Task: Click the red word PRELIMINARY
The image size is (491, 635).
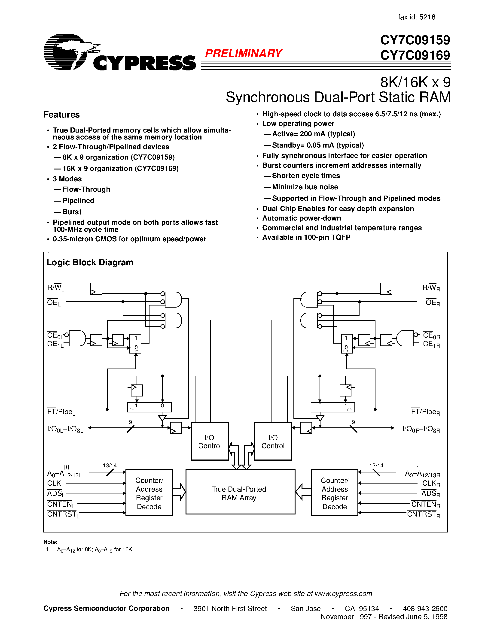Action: pos(244,54)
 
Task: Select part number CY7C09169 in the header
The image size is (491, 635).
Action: pos(415,55)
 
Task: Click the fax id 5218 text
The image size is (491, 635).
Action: pos(417,17)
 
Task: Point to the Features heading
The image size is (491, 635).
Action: pos(61,115)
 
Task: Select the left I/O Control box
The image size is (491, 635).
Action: pos(210,441)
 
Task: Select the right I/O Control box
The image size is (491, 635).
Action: pos(273,441)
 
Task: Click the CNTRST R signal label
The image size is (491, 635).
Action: pos(423,515)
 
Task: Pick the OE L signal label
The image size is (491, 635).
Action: pos(54,303)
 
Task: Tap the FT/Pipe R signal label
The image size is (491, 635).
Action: pos(425,412)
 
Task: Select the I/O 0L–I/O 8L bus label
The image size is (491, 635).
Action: pos(65,429)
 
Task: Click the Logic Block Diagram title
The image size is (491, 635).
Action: pos(90,263)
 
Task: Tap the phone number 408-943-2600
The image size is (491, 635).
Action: pos(425,608)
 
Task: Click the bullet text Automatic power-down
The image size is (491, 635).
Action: pos(301,218)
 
